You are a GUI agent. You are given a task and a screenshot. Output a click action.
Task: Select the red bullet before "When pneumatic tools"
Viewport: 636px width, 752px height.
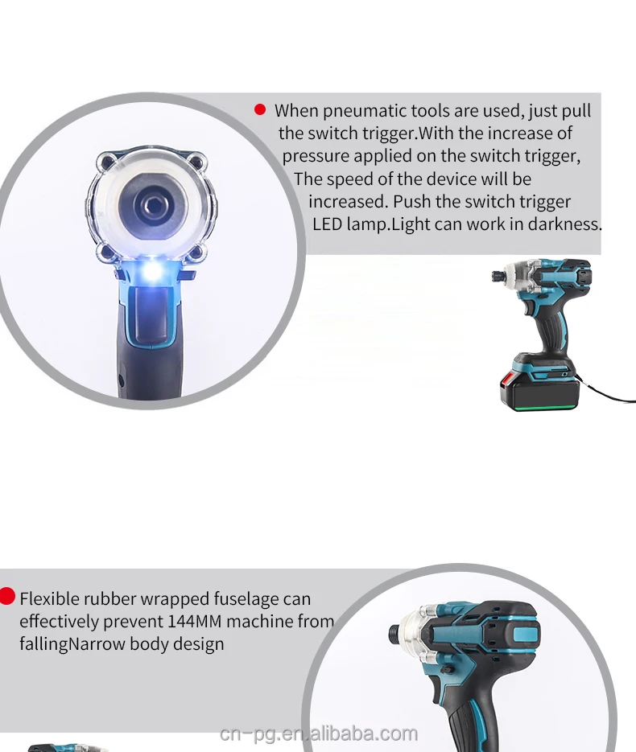[x=260, y=109]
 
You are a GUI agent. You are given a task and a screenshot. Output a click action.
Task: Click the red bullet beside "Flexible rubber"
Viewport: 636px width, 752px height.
[x=7, y=596]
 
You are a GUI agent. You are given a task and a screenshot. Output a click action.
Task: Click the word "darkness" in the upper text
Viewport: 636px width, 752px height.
[x=564, y=224]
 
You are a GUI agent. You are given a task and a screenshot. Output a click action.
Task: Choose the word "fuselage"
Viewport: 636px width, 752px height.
[x=246, y=598]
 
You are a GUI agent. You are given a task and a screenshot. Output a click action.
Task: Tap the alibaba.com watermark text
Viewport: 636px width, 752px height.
[x=319, y=734]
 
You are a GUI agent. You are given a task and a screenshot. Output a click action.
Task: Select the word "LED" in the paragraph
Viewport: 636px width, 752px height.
[x=328, y=224]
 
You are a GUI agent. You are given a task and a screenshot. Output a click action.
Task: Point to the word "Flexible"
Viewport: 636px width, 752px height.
[x=54, y=598]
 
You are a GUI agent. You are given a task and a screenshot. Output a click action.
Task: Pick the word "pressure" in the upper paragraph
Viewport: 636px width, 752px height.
[x=315, y=155]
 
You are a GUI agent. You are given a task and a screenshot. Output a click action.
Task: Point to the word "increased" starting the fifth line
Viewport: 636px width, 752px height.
[x=348, y=201]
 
